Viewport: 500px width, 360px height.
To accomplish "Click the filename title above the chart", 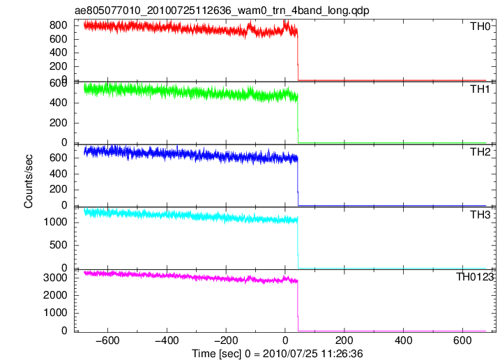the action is [222, 10].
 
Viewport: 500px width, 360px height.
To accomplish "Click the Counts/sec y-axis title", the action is [29, 181].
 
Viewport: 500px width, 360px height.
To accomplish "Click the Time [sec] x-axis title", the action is [277, 354].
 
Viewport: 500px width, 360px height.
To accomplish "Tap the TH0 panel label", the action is [480, 27].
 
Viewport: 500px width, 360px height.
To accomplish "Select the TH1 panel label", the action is [480, 89].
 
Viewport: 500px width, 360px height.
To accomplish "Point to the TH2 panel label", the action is [480, 152].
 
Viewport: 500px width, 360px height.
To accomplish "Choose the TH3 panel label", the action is [480, 215].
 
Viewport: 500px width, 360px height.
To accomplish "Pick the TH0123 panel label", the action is [475, 277].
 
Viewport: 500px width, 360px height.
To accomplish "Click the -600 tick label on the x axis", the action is [107, 340].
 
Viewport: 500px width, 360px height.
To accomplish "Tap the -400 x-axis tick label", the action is [167, 340].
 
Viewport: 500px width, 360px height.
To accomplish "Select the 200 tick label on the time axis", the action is [344, 340].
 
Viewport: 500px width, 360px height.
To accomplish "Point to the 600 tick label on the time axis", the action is [462, 340].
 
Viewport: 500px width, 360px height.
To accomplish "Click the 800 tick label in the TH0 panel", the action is [59, 25].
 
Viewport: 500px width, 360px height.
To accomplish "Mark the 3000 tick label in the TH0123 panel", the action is [55, 278].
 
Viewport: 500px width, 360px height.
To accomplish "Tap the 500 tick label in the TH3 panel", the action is [59, 245].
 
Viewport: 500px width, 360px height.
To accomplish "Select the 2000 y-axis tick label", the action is [55, 295].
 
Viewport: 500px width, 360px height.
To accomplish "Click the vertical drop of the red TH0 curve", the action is [298, 57].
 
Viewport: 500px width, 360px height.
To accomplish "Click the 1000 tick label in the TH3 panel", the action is [55, 222].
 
